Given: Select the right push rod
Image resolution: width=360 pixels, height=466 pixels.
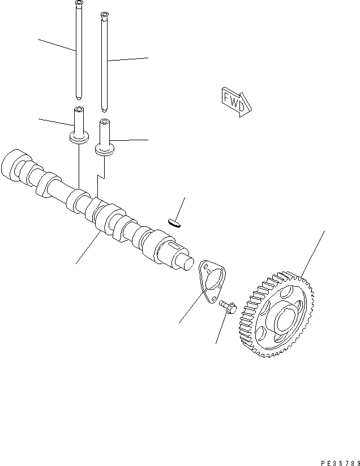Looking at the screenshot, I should pyautogui.click(x=104, y=62).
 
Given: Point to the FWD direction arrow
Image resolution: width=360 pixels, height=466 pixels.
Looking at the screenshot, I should pyautogui.click(x=234, y=101).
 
